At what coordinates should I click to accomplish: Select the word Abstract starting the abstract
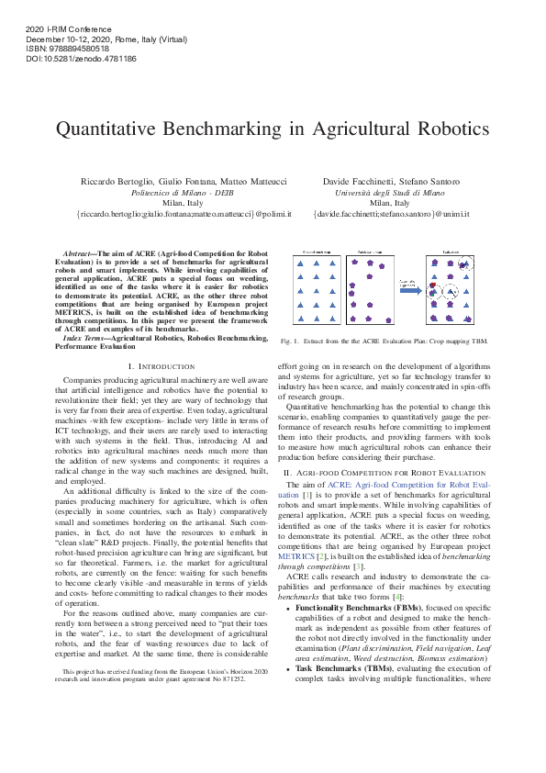pyautogui.click(x=78, y=252)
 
